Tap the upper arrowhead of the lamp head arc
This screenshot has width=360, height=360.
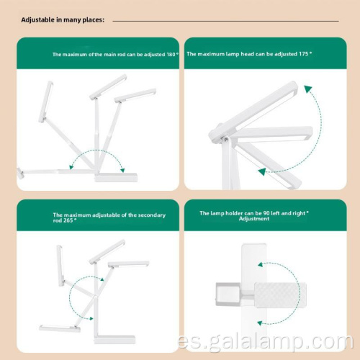pyautogui.click(x=307, y=90)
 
